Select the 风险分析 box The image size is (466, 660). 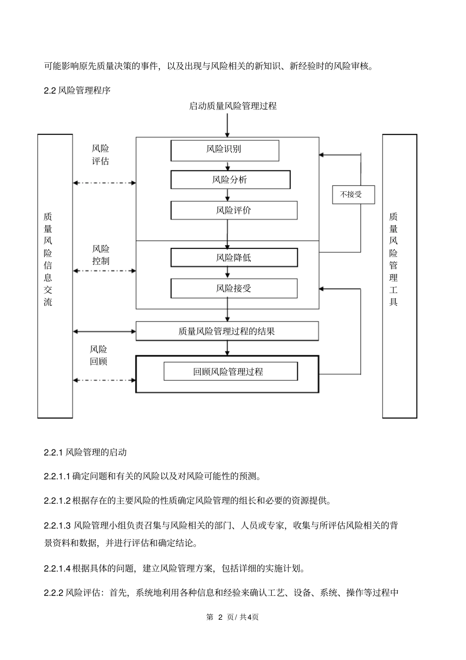coord(230,180)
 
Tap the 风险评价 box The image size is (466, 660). coord(233,210)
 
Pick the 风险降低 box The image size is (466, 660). coord(233,257)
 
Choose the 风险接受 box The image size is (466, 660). coord(233,288)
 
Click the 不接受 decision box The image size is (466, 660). coord(351,195)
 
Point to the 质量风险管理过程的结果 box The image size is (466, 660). coord(227,331)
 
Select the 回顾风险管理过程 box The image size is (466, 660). coord(230,371)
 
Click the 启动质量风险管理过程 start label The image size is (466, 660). coord(233,106)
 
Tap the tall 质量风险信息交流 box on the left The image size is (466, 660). coord(55,276)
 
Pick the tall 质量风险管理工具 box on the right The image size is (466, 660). coord(399,276)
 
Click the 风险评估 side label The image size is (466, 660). coord(101,155)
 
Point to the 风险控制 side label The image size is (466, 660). coord(101,255)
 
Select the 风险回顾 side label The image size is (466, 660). coord(98,355)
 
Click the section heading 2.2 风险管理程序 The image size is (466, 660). coord(77,90)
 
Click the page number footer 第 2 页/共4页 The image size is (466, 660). coord(233,617)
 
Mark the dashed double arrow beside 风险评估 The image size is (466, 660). coord(104,183)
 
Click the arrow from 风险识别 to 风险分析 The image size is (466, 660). coord(228,166)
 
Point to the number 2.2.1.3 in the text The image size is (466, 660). coord(57,526)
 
